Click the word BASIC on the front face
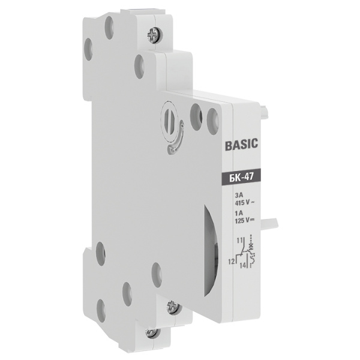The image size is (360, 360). pyautogui.click(x=241, y=145)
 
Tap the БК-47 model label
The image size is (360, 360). pyautogui.click(x=241, y=176)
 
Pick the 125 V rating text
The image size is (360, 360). pyautogui.click(x=244, y=220)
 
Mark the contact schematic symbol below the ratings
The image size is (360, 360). pyautogui.click(x=246, y=253)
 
